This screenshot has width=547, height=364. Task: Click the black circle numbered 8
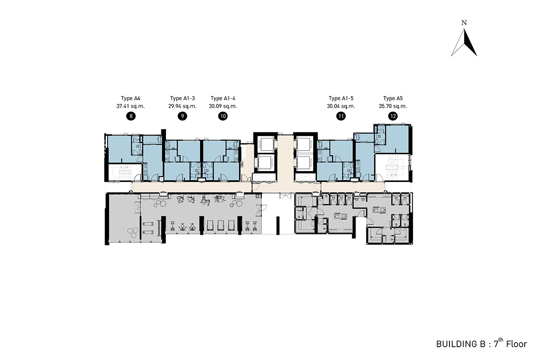[131, 116]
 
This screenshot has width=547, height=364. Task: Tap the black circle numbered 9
[182, 116]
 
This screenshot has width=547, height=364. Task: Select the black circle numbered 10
[223, 116]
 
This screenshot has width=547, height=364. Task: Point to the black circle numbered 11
[341, 116]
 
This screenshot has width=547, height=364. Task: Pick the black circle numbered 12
[393, 116]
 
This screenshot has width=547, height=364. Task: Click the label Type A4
[131, 98]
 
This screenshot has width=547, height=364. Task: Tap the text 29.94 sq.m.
[182, 106]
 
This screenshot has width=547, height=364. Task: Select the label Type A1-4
[223, 98]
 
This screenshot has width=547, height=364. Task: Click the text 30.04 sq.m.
[341, 106]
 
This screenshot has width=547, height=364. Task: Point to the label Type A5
[393, 98]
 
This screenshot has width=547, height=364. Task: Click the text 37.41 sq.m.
[131, 106]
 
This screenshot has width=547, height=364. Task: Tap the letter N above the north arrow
[464, 23]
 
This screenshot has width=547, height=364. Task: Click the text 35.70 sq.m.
[393, 106]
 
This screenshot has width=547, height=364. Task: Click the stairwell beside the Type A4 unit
[125, 172]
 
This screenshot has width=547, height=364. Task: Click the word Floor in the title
[516, 344]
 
